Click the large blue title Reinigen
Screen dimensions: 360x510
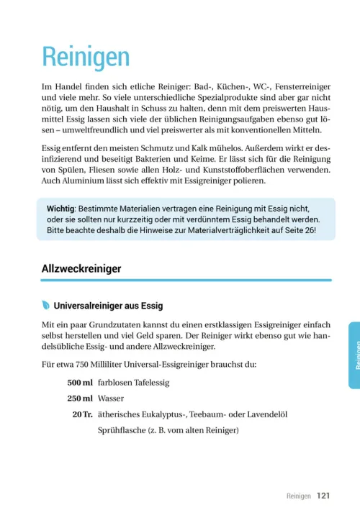[x=86, y=57]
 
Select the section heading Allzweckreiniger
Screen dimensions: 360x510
[x=81, y=268]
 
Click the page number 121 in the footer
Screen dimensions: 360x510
[x=323, y=496]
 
